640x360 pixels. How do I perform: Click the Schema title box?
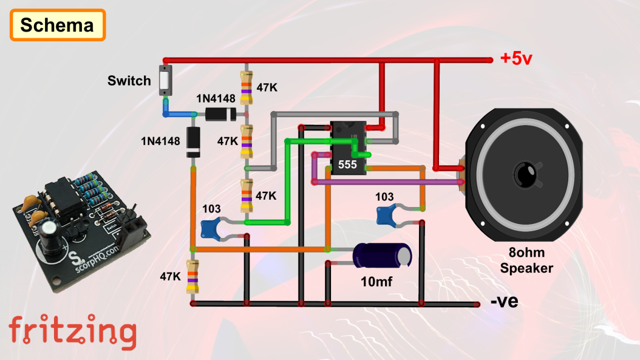pyautogui.click(x=58, y=25)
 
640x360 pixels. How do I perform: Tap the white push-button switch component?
pyautogui.click(x=165, y=81)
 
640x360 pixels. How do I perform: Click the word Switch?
pyautogui.click(x=129, y=80)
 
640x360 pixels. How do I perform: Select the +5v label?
pyautogui.click(x=516, y=59)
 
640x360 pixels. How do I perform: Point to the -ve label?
pyautogui.click(x=504, y=301)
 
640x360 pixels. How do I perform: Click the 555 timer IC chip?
pyautogui.click(x=348, y=149)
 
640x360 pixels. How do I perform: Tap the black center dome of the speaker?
pyautogui.click(x=524, y=174)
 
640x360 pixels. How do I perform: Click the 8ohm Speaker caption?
pyautogui.click(x=526, y=261)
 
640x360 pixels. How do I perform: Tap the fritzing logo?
pyautogui.click(x=72, y=331)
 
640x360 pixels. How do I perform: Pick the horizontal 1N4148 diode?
pyautogui.click(x=220, y=114)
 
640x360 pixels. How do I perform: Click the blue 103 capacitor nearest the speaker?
pyautogui.click(x=389, y=214)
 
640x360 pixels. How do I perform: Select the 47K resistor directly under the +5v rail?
pyautogui.click(x=246, y=87)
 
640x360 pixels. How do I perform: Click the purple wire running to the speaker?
pyautogui.click(x=389, y=182)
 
